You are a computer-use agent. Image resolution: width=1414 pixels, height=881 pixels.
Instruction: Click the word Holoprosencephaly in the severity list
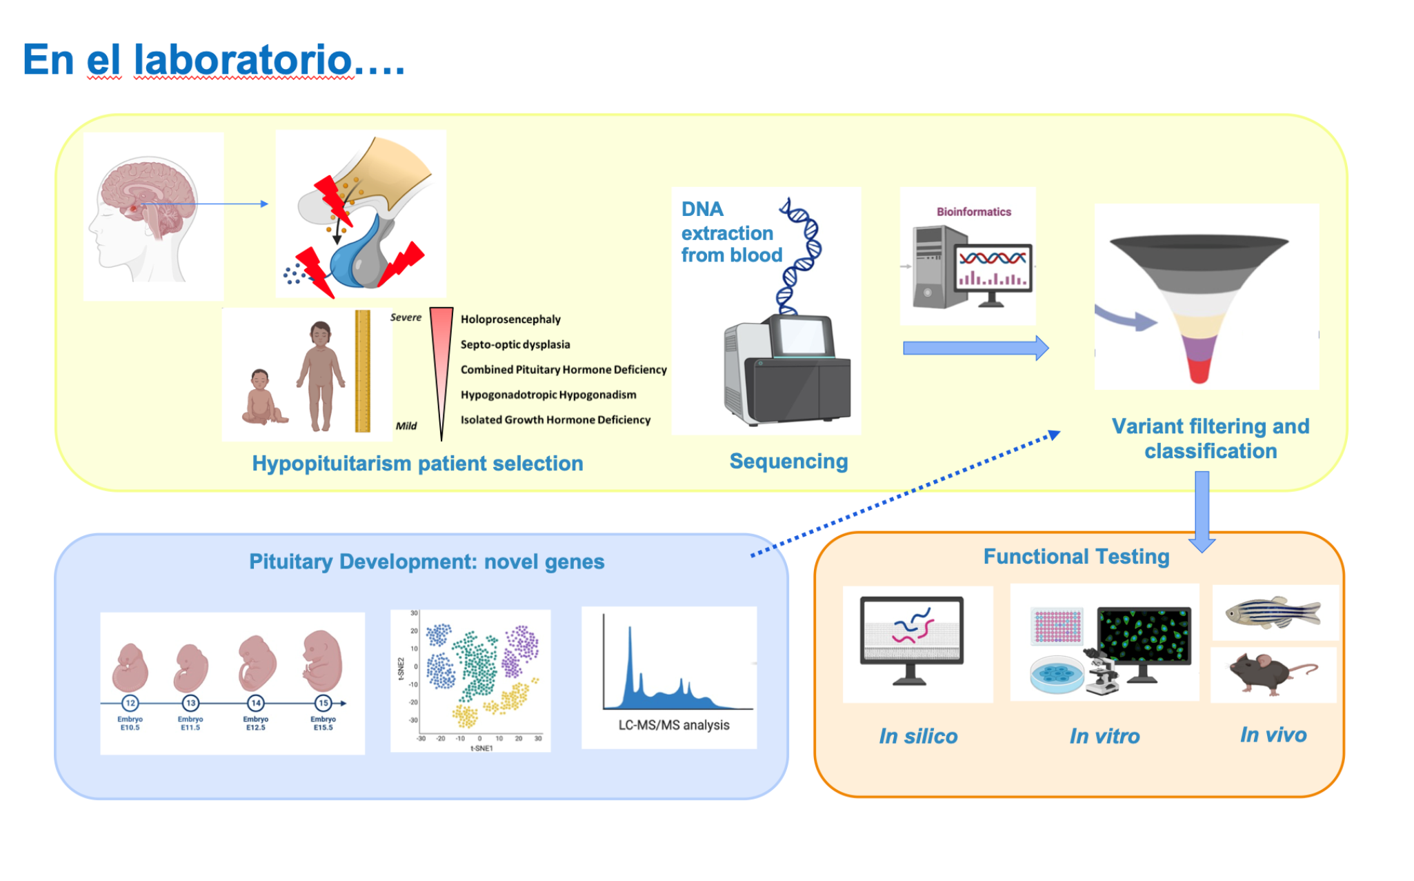click(x=510, y=319)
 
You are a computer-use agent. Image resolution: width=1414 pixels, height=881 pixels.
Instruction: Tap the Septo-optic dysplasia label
click(x=515, y=344)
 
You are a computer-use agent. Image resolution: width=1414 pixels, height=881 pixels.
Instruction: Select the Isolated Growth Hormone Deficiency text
click(x=555, y=419)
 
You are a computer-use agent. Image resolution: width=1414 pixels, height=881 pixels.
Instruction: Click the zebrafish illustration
click(x=1273, y=612)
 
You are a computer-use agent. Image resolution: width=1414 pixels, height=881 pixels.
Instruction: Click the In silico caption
click(x=918, y=736)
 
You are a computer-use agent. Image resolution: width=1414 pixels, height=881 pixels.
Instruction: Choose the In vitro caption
click(x=1104, y=736)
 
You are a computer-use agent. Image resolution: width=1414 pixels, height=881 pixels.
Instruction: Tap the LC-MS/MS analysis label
click(x=673, y=725)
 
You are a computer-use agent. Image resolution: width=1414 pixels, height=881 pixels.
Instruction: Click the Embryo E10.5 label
click(x=130, y=723)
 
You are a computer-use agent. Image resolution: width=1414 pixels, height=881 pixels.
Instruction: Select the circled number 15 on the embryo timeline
click(x=323, y=703)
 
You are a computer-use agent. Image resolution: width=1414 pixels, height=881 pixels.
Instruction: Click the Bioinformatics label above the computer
click(x=973, y=212)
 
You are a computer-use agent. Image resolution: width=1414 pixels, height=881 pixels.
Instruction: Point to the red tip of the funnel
click(x=1199, y=372)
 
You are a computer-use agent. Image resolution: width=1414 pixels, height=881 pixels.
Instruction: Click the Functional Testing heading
click(x=1076, y=557)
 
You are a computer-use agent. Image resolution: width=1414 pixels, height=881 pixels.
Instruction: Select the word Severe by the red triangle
click(x=406, y=317)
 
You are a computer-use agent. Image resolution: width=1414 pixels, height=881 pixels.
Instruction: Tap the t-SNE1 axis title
click(x=481, y=749)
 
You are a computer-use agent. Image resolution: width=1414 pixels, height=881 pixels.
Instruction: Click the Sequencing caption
click(x=788, y=462)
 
